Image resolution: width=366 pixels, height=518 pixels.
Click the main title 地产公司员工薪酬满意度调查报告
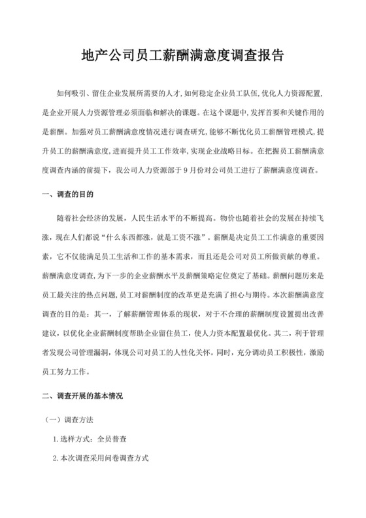tap(183, 54)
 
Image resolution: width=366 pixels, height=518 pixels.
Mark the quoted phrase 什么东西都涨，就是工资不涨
tap(141, 234)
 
